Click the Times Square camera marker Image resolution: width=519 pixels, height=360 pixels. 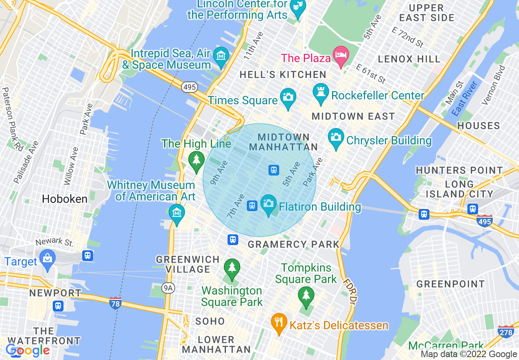[288, 97]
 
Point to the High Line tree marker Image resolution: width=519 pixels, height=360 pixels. [196, 160]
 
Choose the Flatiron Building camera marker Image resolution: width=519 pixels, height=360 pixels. [269, 204]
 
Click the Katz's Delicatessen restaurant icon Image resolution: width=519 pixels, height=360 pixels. [279, 321]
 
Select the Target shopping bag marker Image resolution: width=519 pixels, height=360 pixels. [48, 259]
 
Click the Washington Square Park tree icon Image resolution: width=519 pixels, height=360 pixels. [232, 268]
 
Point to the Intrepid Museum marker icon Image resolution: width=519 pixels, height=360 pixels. [221, 56]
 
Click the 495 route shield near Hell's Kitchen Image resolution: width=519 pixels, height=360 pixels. [190, 87]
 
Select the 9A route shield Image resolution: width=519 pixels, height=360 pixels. [168, 288]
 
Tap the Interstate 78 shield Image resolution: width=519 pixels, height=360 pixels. [115, 303]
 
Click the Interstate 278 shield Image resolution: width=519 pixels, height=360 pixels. [506, 332]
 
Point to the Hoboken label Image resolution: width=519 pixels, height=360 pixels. [65, 199]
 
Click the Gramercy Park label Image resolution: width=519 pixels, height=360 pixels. [294, 245]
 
